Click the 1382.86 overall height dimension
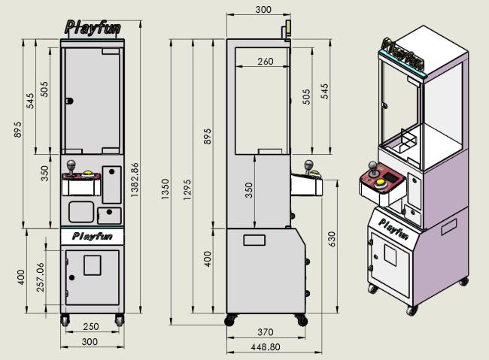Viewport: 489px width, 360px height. click(135, 180)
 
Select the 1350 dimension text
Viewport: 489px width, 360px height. click(165, 189)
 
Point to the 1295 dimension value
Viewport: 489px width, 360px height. click(187, 189)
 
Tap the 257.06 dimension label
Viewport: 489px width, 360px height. click(41, 277)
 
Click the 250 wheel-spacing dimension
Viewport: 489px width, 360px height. click(91, 326)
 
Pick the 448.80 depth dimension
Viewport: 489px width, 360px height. click(266, 347)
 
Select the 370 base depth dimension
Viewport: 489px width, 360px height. click(266, 332)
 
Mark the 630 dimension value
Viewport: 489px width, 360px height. click(332, 239)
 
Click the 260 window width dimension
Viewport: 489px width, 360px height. click(266, 62)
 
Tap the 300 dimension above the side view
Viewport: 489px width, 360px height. click(263, 10)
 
